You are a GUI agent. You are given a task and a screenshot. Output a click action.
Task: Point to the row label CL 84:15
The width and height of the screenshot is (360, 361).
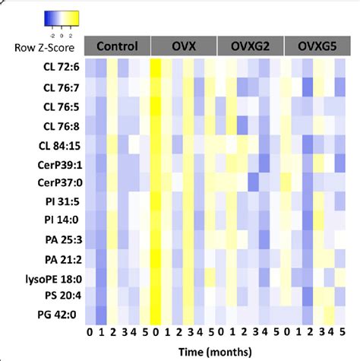pyautogui.click(x=55, y=141)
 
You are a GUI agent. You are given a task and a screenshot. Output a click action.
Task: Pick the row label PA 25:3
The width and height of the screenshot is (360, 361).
pyautogui.click(x=58, y=240)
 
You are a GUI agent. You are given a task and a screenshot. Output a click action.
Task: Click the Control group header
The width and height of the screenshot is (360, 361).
pyautogui.click(x=117, y=46)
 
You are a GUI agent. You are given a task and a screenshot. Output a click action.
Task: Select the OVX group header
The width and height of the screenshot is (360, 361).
pyautogui.click(x=184, y=46)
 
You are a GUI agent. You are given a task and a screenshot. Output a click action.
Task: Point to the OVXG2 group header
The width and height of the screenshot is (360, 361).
pyautogui.click(x=250, y=46)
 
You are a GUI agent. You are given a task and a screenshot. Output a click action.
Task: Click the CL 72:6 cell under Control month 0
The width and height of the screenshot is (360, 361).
pyautogui.click(x=90, y=68)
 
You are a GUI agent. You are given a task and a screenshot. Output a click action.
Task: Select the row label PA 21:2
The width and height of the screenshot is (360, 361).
pyautogui.click(x=58, y=259)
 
